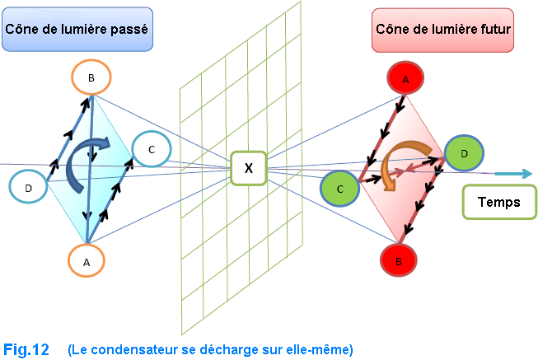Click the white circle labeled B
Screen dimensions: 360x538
(x=91, y=77)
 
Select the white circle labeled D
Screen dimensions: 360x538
(x=29, y=188)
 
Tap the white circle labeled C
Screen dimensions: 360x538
(x=151, y=149)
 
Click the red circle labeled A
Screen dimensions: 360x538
(x=405, y=80)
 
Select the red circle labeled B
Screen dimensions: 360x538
(x=400, y=261)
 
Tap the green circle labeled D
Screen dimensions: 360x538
(x=464, y=153)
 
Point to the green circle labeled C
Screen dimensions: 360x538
(x=340, y=189)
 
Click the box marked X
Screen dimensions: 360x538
(x=248, y=168)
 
